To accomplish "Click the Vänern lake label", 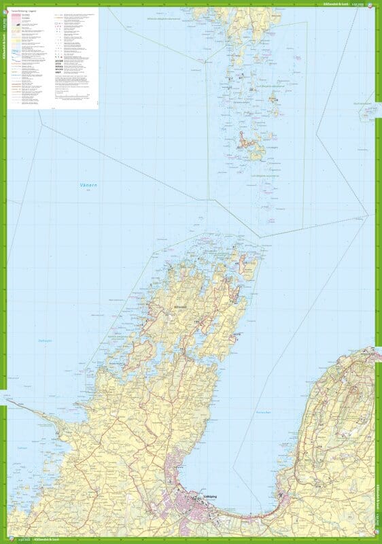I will [x=80, y=184].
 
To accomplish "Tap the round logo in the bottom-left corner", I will [x=4, y=540].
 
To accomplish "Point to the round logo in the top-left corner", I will [x=4, y=4].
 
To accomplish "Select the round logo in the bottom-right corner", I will [x=377, y=540].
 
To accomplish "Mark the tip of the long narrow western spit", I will [x=8, y=401].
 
